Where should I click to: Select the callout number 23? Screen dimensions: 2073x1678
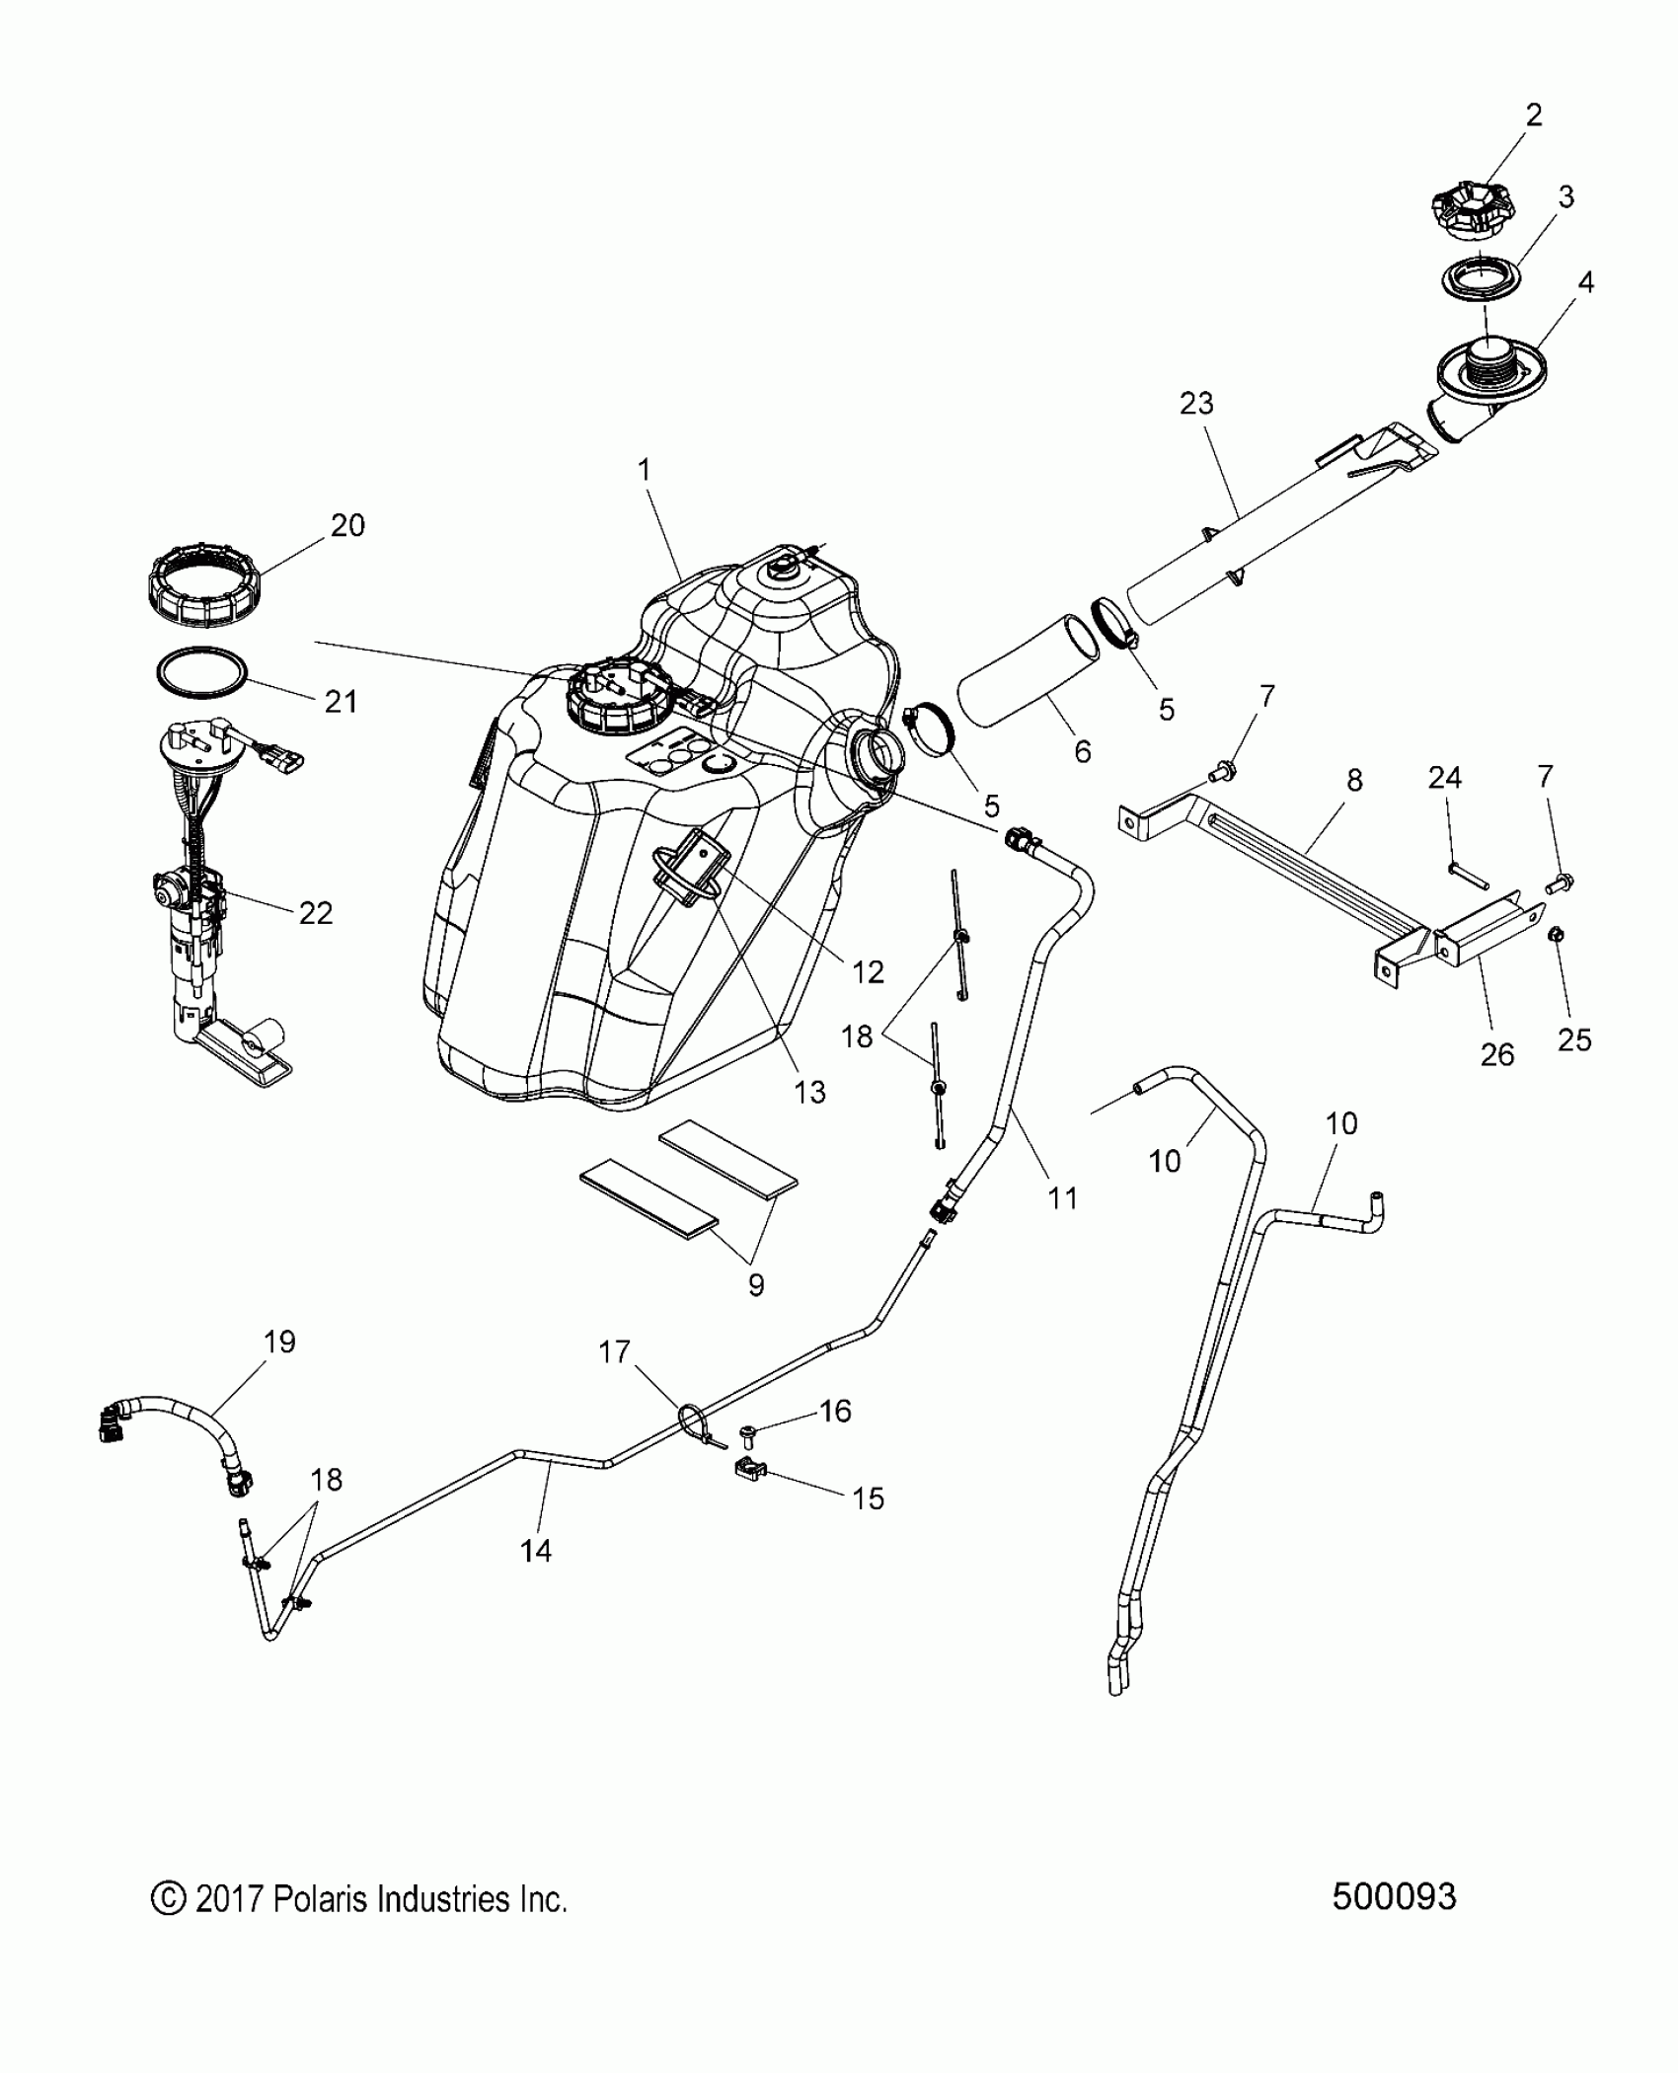pyautogui.click(x=1195, y=404)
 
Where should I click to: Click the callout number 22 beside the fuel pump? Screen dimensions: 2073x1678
pyautogui.click(x=315, y=913)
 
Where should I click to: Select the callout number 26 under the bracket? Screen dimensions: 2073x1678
pyautogui.click(x=1497, y=1055)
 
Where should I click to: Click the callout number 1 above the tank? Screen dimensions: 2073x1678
pyautogui.click(x=645, y=470)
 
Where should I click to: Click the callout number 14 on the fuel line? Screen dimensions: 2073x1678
pyautogui.click(x=535, y=1552)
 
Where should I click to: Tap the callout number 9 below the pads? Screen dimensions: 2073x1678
pyautogui.click(x=755, y=1284)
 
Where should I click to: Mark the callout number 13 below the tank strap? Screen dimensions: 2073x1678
pyautogui.click(x=808, y=1092)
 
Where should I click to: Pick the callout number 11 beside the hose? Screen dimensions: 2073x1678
pyautogui.click(x=1062, y=1198)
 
